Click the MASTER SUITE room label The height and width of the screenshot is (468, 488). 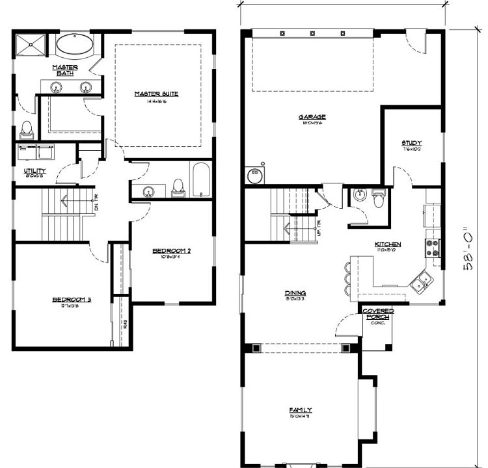click(156, 94)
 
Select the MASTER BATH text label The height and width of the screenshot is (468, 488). click(65, 70)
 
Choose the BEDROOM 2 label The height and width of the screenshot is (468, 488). click(172, 251)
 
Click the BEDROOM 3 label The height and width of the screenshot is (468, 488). click(72, 300)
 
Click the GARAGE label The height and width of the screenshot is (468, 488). click(312, 118)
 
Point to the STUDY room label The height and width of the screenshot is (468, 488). click(411, 143)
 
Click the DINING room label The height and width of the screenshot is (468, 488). click(295, 293)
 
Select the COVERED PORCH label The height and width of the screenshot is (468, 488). click(377, 315)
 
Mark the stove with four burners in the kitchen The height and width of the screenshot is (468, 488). click(432, 248)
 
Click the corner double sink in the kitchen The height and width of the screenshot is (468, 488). click(420, 281)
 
